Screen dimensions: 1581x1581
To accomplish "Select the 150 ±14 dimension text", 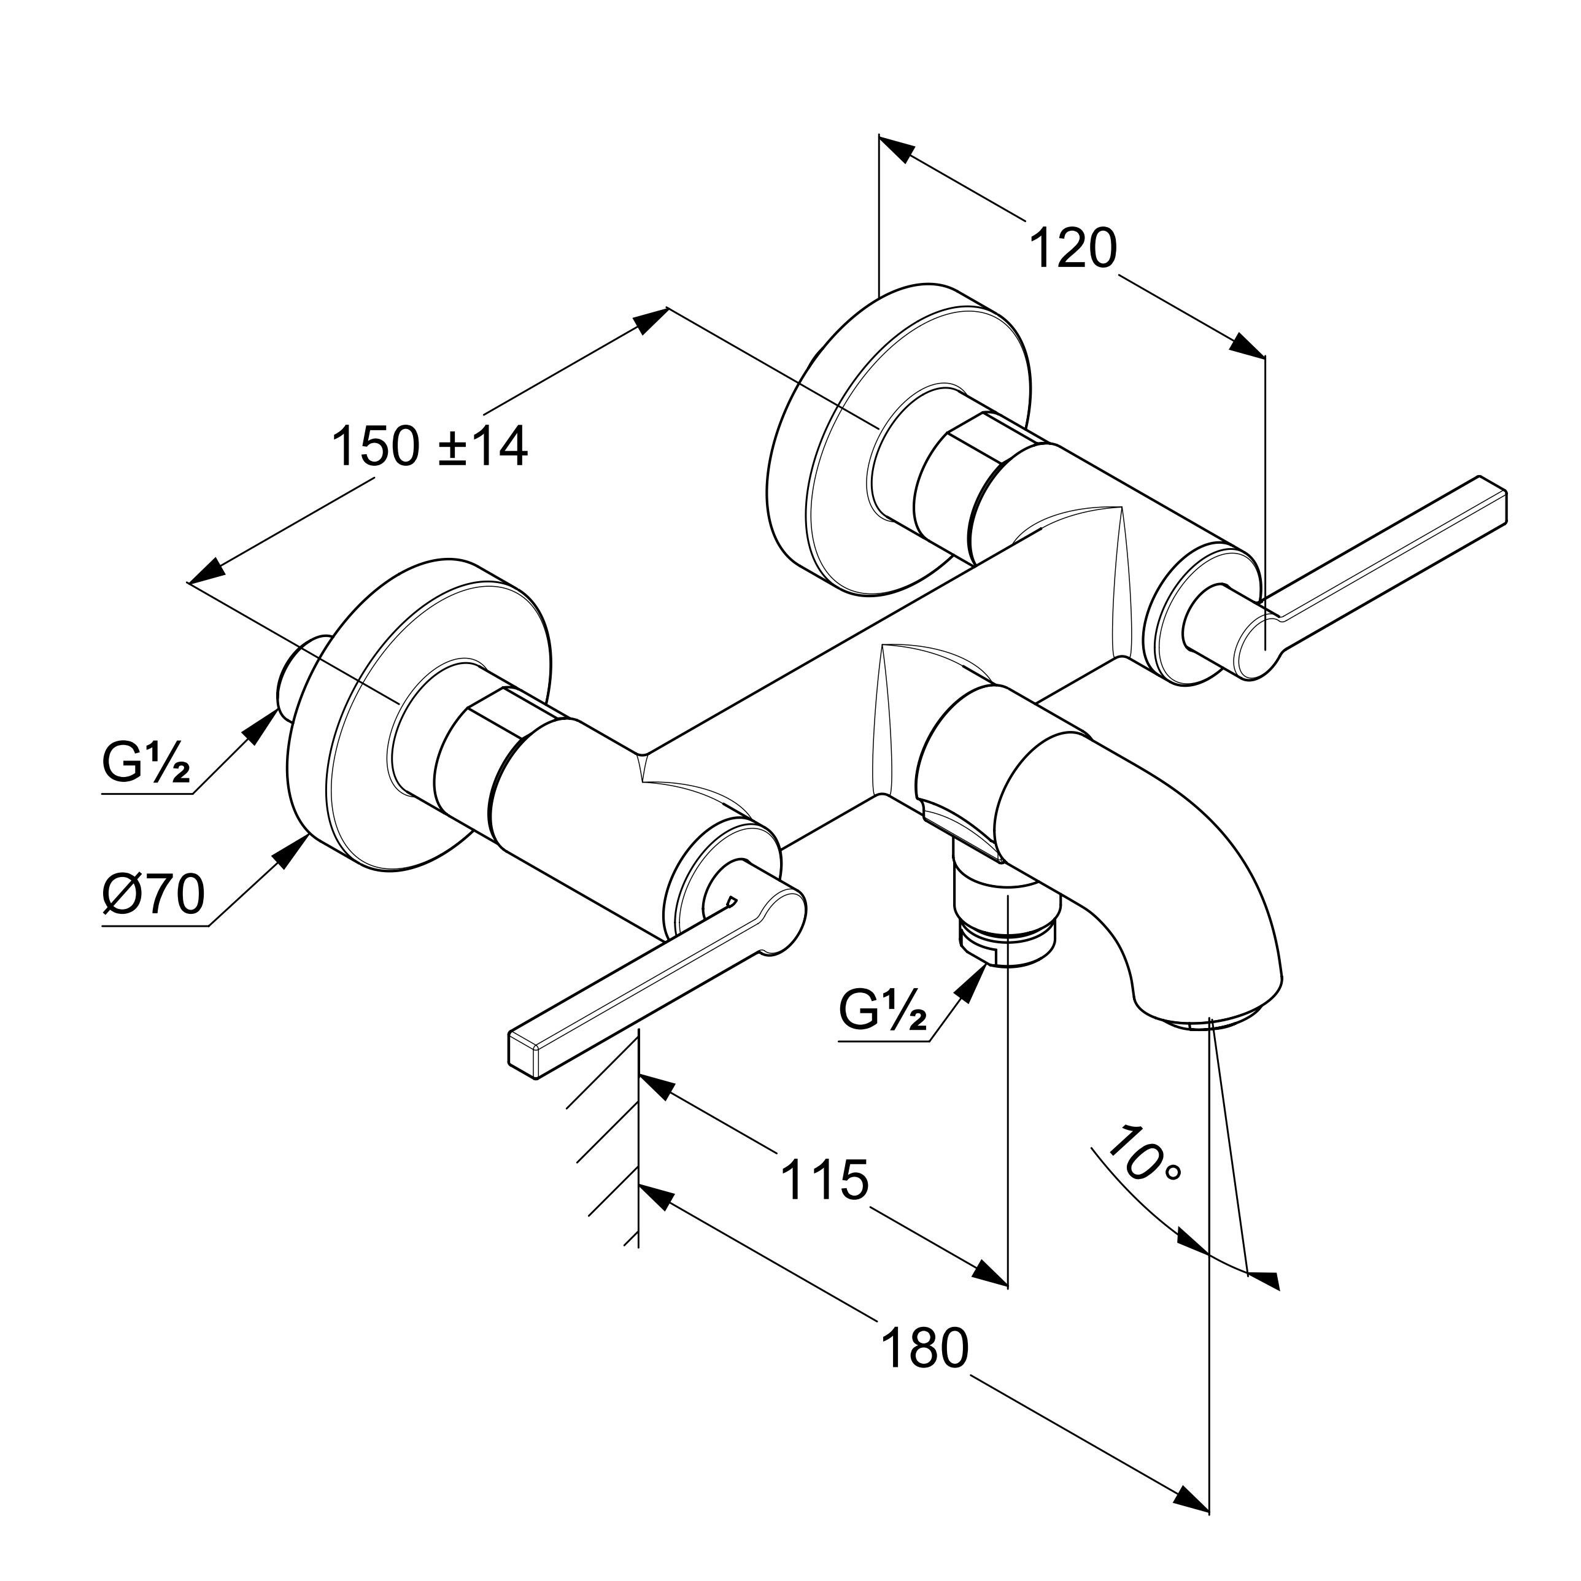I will click(x=430, y=447).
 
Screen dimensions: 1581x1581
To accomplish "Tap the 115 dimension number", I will click(x=824, y=1179).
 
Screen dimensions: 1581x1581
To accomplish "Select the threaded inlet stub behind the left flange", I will click(x=299, y=671).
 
